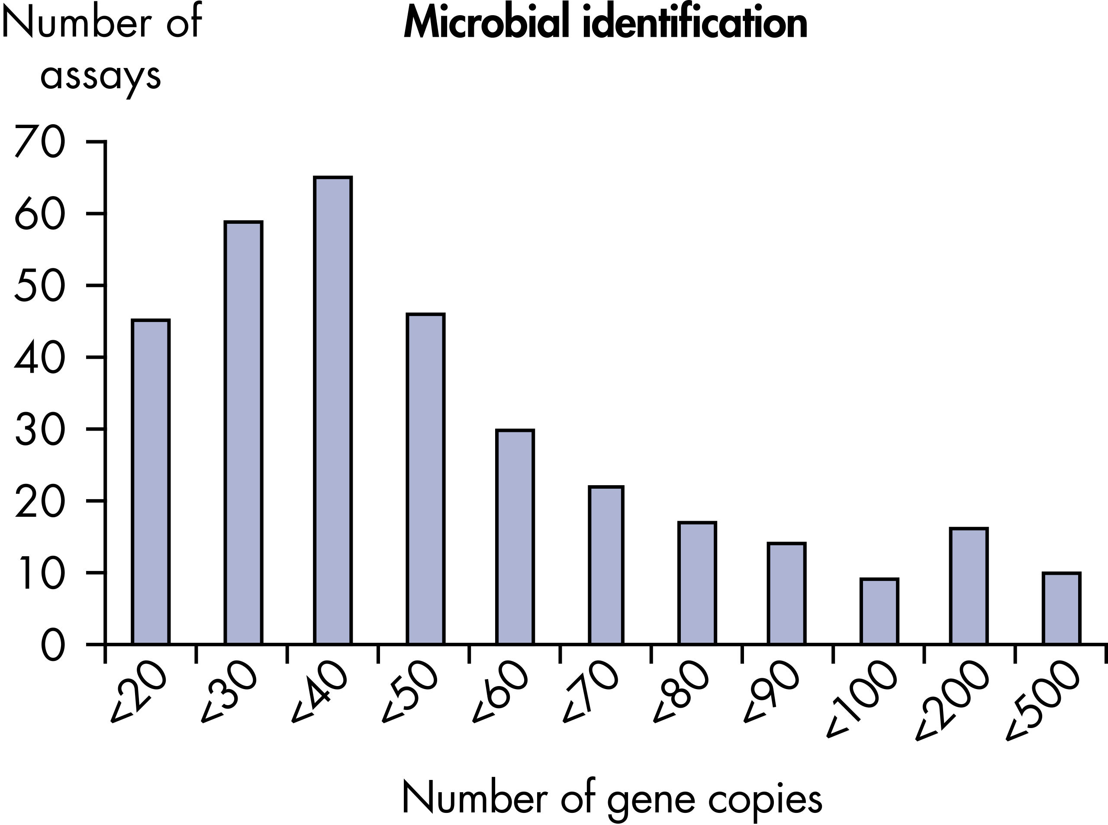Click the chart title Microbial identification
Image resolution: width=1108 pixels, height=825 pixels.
(x=605, y=23)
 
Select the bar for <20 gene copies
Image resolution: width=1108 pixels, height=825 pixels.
(x=151, y=481)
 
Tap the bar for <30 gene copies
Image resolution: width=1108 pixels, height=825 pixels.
(x=244, y=432)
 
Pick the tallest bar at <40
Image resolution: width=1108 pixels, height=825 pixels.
(x=333, y=410)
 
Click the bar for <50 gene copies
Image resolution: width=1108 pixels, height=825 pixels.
(x=425, y=478)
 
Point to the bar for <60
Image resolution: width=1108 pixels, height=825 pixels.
(x=515, y=536)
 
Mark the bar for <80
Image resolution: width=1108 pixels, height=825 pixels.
(x=697, y=583)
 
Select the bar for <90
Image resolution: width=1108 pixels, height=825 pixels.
(x=786, y=593)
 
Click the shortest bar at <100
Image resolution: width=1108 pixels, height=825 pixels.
(x=879, y=611)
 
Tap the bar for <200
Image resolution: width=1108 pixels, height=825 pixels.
(x=969, y=586)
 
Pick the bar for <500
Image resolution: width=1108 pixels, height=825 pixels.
(x=1062, y=608)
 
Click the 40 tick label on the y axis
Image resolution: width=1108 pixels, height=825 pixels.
(x=40, y=358)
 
